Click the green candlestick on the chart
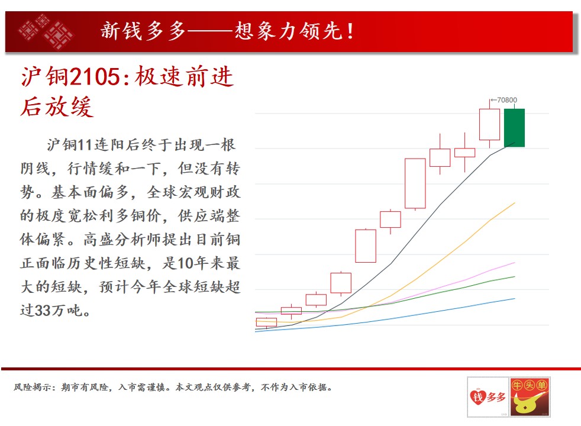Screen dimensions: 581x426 click(514, 128)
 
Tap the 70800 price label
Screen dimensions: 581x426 click(507, 100)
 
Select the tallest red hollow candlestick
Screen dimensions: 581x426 click(415, 183)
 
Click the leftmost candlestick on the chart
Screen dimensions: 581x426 click(266, 322)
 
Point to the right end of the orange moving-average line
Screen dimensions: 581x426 click(515, 203)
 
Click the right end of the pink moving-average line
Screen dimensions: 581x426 click(515, 263)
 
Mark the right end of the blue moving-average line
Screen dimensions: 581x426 click(515, 299)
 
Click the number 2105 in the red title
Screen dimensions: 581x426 click(95, 77)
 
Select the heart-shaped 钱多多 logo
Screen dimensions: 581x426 click(488, 397)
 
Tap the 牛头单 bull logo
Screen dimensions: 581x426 click(530, 397)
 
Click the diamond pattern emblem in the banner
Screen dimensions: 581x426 click(46, 31)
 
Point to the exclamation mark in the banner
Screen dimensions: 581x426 click(350, 31)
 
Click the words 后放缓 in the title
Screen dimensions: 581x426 click(57, 107)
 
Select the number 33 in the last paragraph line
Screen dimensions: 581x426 click(43, 311)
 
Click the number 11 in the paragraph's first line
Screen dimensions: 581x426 click(85, 145)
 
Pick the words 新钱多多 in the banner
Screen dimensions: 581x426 click(143, 31)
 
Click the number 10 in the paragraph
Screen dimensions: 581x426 click(186, 263)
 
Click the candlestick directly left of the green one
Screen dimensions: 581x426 click(489, 124)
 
